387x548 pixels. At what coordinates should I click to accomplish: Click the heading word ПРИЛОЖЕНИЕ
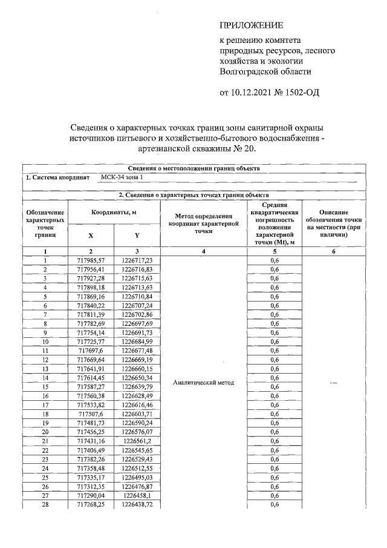coord(250,25)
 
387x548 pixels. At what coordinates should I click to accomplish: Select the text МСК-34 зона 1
coord(123,178)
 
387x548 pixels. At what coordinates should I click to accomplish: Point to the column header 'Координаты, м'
coord(114,213)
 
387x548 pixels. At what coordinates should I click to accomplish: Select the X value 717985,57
coord(91,260)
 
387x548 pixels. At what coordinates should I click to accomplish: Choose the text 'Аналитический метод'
coord(203,383)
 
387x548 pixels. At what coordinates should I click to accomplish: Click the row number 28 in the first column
coord(45,504)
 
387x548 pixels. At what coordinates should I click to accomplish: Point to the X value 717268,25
coord(91,504)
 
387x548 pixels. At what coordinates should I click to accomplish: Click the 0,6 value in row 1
coord(274,260)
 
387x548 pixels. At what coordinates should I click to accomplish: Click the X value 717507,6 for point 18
coord(91,414)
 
